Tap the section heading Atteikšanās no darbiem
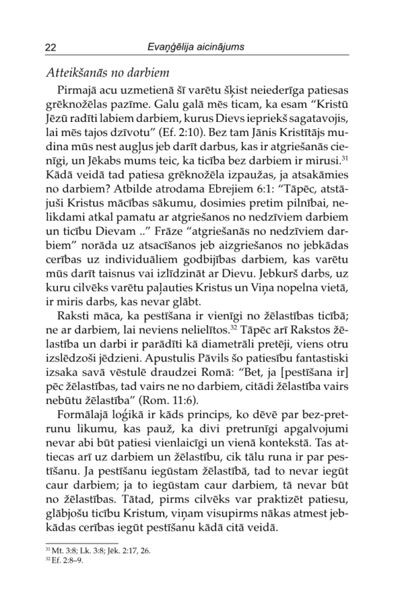point(109,72)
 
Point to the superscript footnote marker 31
point(344,158)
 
